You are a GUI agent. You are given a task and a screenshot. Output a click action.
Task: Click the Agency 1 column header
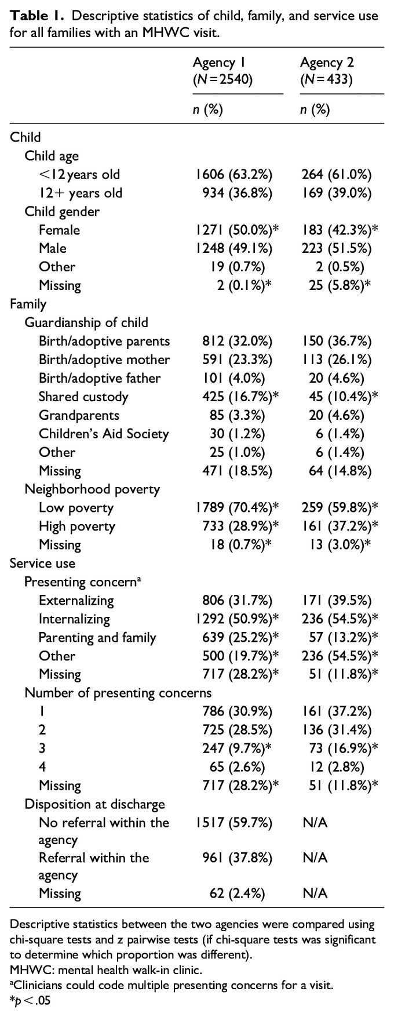pyautogui.click(x=222, y=71)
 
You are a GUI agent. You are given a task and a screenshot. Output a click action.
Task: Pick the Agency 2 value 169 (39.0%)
pyautogui.click(x=337, y=193)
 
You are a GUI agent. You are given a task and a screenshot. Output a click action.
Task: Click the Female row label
pyautogui.click(x=59, y=230)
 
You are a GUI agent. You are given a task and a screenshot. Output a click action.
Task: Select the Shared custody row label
pyautogui.click(x=83, y=397)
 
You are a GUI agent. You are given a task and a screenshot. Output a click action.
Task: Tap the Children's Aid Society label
pyautogui.click(x=104, y=434)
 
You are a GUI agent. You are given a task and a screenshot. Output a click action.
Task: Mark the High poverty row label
pyautogui.click(x=76, y=526)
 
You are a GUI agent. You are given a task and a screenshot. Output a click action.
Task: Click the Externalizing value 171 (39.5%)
pyautogui.click(x=337, y=601)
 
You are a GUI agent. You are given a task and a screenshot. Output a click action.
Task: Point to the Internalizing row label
pyautogui.click(x=74, y=619)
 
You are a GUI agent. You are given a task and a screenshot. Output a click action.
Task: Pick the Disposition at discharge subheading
pyautogui.click(x=94, y=804)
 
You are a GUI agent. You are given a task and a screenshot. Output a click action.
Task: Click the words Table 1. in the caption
pyautogui.click(x=30, y=16)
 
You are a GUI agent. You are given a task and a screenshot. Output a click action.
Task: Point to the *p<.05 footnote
pyautogui.click(x=26, y=1001)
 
